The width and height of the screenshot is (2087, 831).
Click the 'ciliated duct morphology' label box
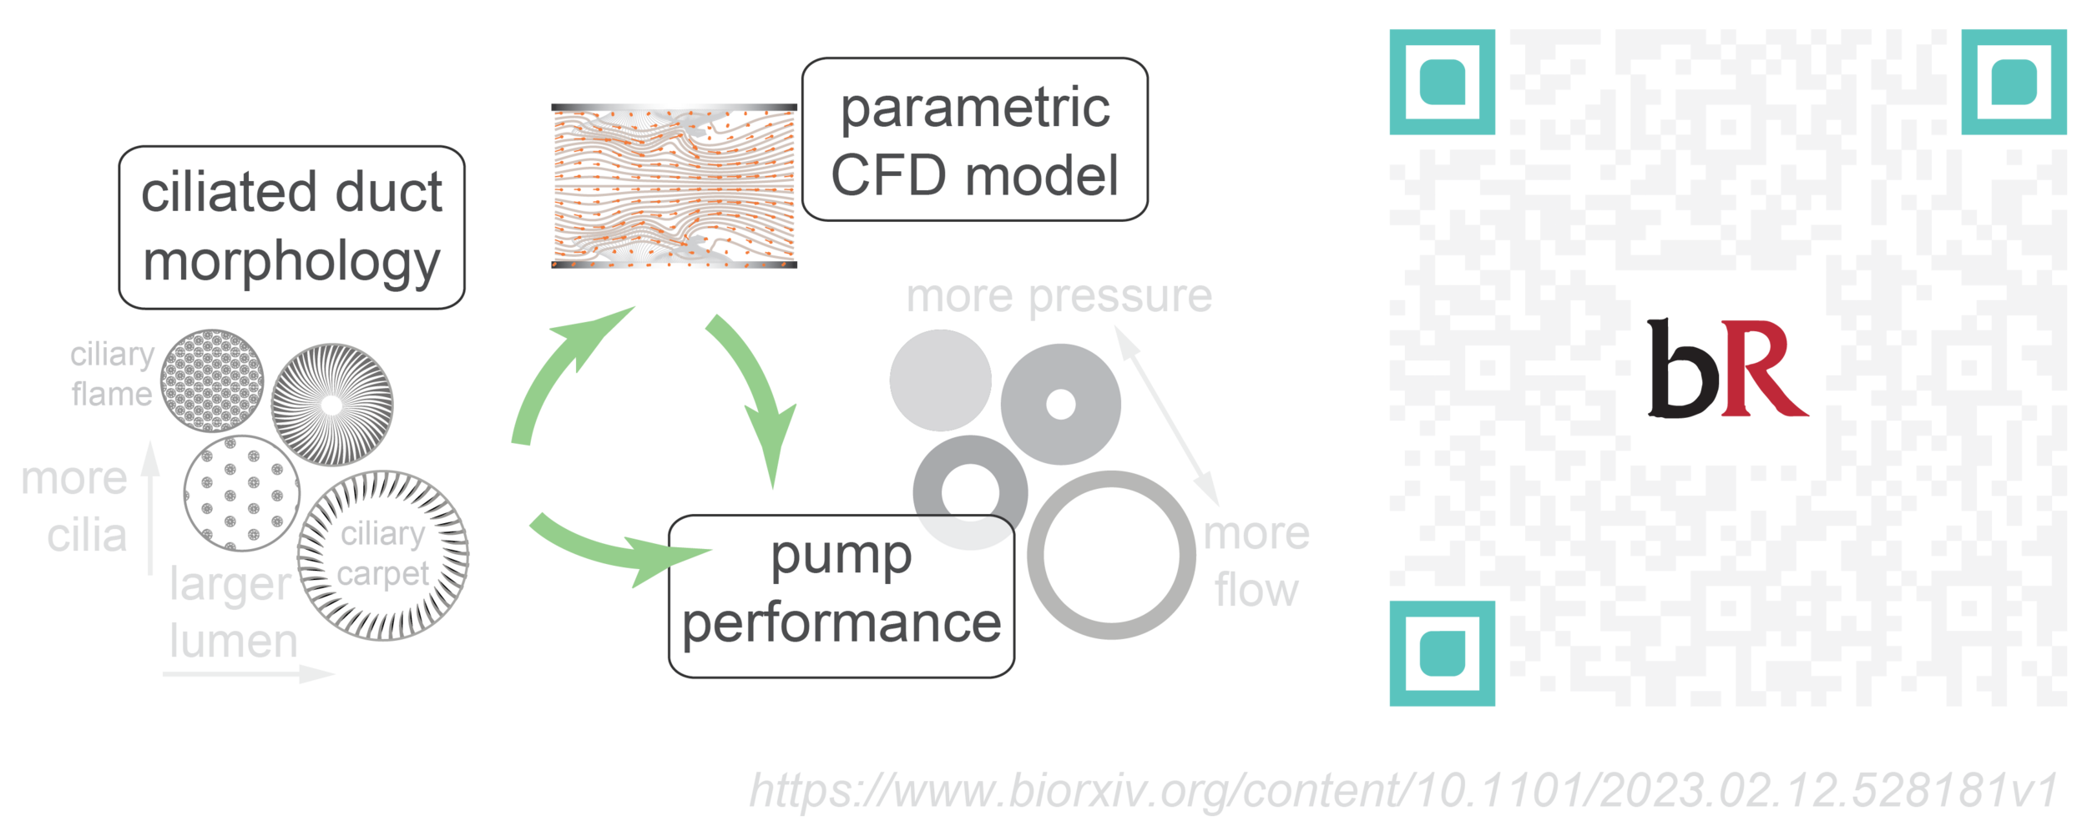click(x=291, y=227)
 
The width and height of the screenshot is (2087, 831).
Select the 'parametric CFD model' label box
click(x=974, y=139)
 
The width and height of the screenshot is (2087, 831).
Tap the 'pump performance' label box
click(x=841, y=595)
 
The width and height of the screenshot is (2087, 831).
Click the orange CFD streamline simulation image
click(x=674, y=186)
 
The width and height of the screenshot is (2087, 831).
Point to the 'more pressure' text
click(x=1059, y=297)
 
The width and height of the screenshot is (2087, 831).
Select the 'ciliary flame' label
click(x=113, y=374)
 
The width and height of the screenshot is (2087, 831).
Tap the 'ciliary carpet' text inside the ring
click(x=383, y=554)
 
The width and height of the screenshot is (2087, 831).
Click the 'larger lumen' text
click(x=232, y=612)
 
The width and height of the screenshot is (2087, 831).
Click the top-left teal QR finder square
click(x=1442, y=82)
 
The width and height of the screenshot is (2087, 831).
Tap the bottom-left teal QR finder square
click(x=1442, y=653)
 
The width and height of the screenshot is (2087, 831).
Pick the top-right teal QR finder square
click(x=2014, y=82)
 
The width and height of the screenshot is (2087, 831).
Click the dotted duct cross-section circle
click(x=241, y=493)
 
